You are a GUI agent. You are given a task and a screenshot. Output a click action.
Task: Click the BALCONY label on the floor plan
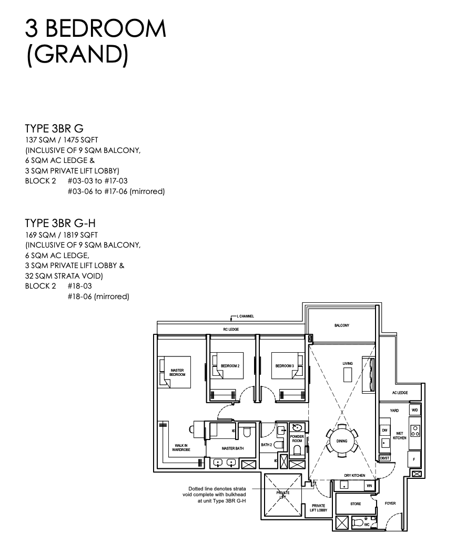[341, 325]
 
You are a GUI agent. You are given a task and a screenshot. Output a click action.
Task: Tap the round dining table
[341, 441]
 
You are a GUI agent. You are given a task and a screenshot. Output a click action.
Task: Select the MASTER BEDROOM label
[177, 372]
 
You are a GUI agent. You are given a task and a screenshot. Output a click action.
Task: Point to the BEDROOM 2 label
[230, 366]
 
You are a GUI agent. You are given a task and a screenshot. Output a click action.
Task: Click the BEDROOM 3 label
[285, 366]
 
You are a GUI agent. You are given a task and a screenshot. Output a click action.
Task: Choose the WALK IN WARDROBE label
[181, 447]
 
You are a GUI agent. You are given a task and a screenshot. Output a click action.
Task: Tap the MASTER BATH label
[232, 448]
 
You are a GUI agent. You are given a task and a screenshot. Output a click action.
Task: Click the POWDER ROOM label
[297, 439]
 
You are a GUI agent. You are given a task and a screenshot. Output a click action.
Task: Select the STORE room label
[356, 504]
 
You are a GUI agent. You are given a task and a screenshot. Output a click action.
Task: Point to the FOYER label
[390, 503]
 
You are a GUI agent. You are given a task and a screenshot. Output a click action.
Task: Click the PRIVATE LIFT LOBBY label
[319, 508]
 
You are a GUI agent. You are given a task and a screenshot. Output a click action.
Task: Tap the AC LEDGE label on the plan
[400, 393]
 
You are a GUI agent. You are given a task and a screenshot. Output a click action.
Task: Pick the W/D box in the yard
[415, 410]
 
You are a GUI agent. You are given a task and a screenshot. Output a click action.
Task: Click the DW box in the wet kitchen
[385, 431]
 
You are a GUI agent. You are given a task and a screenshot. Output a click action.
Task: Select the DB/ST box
[385, 458]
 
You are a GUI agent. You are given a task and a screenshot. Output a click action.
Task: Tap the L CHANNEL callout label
[245, 316]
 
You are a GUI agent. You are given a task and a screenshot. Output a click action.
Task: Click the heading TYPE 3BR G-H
[60, 223]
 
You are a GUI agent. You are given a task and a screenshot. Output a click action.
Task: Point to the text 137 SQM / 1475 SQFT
[62, 140]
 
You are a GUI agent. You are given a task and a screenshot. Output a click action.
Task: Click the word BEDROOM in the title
[106, 29]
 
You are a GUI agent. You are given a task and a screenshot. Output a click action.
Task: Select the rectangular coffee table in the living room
[348, 374]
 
